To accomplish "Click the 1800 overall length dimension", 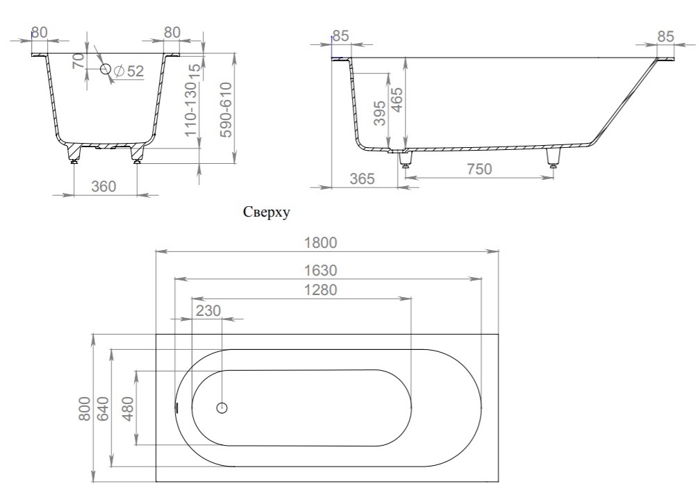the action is tap(320, 242).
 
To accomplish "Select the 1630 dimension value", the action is tap(320, 270).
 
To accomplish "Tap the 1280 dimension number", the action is tap(320, 290).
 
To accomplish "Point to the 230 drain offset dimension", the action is tap(208, 310).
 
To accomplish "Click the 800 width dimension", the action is tap(85, 408).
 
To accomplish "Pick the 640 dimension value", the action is tap(103, 408).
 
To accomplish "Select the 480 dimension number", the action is tap(127, 408).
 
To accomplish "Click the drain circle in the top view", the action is tap(222, 408).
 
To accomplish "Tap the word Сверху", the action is tap(266, 212).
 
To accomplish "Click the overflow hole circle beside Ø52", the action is tap(106, 69).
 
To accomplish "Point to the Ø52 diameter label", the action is tap(129, 72).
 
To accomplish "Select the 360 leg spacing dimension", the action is tap(103, 186).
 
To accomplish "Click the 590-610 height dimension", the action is tap(226, 110).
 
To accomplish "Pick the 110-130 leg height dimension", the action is tap(190, 110).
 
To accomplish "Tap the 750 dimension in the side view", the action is tap(479, 169).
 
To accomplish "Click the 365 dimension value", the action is tap(362, 178).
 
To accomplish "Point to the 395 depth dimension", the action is tap(379, 113).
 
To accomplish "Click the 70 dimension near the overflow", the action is tap(78, 60).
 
